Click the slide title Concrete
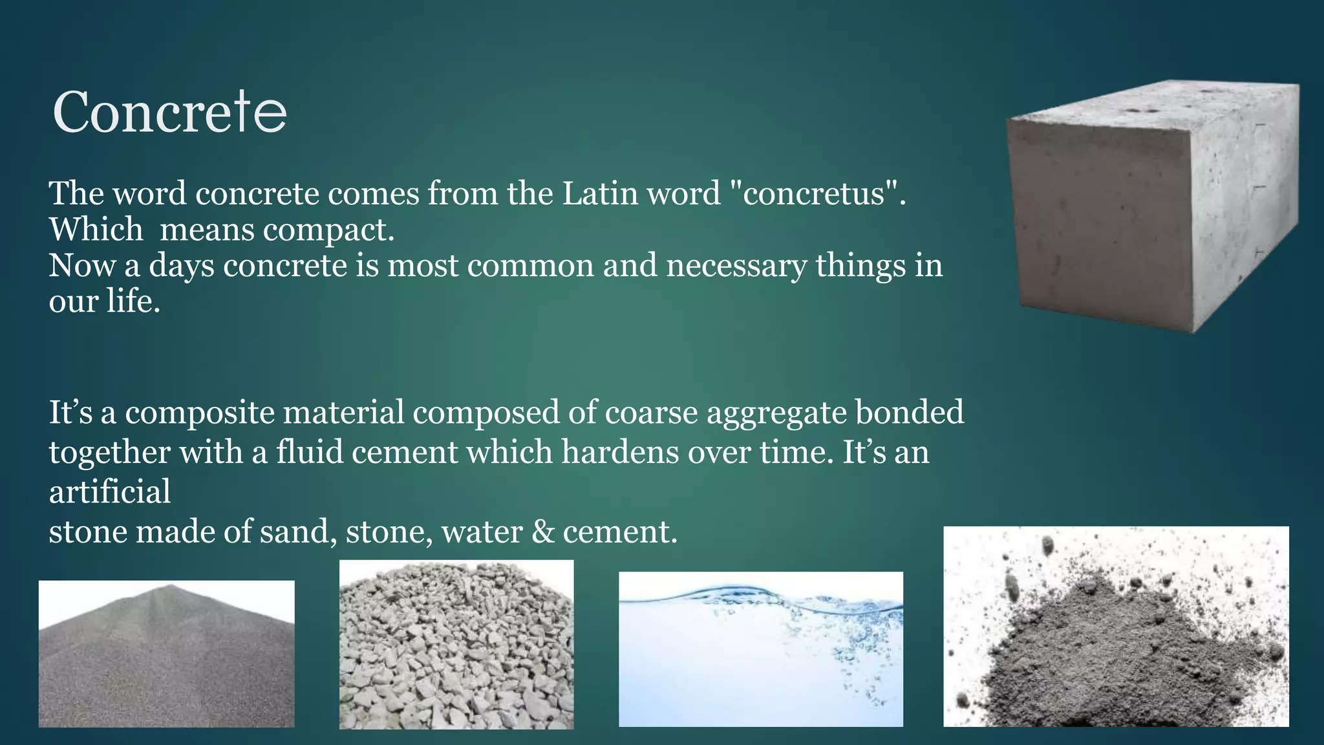point(169,113)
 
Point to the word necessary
point(736,266)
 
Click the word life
point(133,301)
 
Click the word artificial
point(110,491)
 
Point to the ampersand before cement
point(542,532)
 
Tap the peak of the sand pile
point(169,587)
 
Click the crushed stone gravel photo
point(456,645)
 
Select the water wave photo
point(761,649)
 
